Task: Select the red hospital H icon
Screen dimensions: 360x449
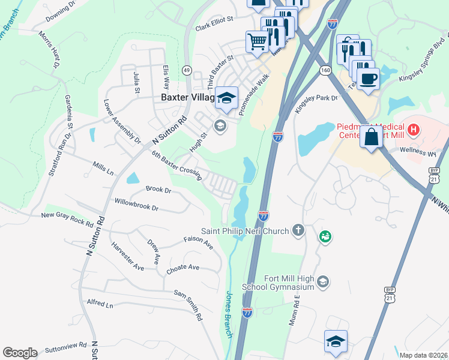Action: tap(412, 128)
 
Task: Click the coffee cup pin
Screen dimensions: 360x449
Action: tap(368, 78)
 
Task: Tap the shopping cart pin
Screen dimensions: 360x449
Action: tap(258, 42)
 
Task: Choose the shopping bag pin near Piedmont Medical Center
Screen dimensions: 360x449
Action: tap(372, 136)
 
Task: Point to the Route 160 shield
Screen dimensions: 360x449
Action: tap(325, 70)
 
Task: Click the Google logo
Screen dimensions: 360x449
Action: tap(20, 353)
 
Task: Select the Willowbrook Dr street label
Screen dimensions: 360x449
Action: tap(136, 205)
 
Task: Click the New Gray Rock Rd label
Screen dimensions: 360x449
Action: tap(67, 220)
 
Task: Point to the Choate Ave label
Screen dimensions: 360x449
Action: tap(182, 268)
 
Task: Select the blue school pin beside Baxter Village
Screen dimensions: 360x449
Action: tap(226, 98)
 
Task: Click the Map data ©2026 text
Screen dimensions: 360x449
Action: tap(423, 355)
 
